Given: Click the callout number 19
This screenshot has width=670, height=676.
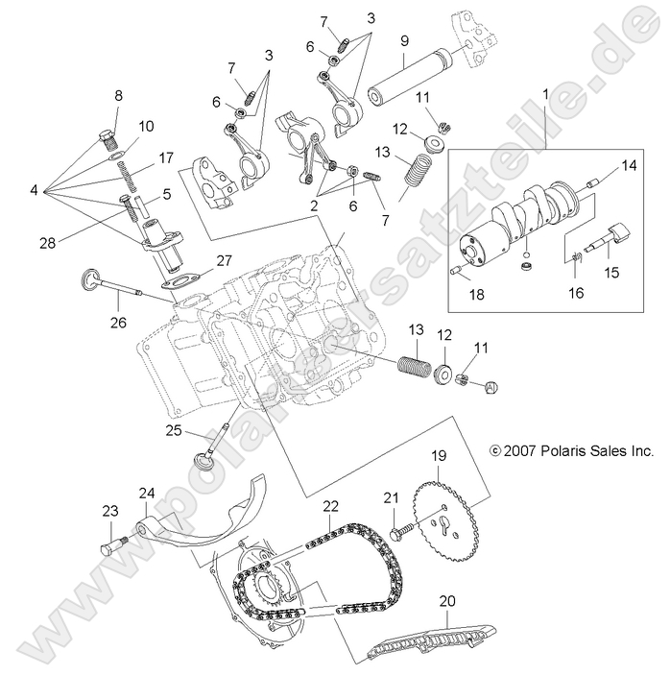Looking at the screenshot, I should tap(438, 457).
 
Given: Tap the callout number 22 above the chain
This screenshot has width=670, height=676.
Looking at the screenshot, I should tap(331, 505).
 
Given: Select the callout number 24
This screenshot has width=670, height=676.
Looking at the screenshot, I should tap(146, 494).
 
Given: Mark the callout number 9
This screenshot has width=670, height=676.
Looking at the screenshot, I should tap(404, 40).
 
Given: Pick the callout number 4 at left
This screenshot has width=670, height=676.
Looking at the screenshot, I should tap(34, 190).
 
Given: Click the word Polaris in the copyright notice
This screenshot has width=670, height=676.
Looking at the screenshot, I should tap(564, 448).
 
